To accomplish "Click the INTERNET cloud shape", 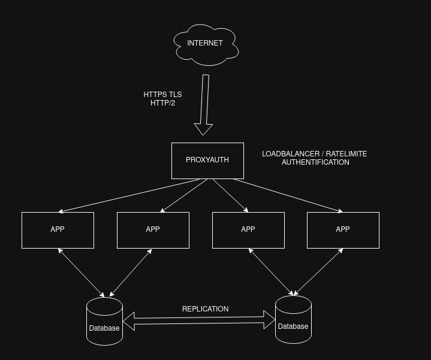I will click(x=206, y=43).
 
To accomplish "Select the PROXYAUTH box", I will click(x=207, y=160).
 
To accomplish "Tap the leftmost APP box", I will click(x=58, y=229).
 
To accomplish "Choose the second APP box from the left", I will click(x=153, y=229).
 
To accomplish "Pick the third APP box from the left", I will click(x=248, y=229).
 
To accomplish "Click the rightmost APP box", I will click(x=343, y=229).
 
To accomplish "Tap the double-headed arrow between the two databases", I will click(x=199, y=320).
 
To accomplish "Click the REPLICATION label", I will click(x=205, y=309).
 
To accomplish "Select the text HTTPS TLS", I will click(x=162, y=95).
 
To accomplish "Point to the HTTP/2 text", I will click(x=162, y=103).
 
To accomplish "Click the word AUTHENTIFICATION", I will click(x=315, y=162).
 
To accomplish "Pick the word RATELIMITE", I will click(x=346, y=154).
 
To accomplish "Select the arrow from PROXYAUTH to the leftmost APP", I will click(x=129, y=195).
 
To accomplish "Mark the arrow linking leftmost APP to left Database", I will click(x=82, y=273).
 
